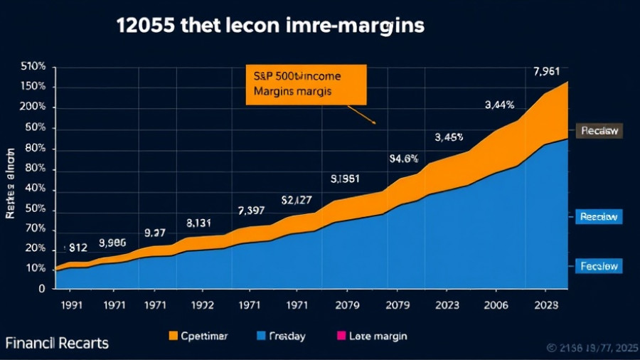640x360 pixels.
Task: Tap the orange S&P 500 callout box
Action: pyautogui.click(x=306, y=84)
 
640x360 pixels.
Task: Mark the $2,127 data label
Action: pyautogui.click(x=297, y=200)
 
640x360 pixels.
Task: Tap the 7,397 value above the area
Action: pyautogui.click(x=251, y=211)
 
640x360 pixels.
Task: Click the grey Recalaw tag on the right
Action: pyautogui.click(x=598, y=131)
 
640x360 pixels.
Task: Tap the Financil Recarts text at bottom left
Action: pyautogui.click(x=57, y=343)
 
